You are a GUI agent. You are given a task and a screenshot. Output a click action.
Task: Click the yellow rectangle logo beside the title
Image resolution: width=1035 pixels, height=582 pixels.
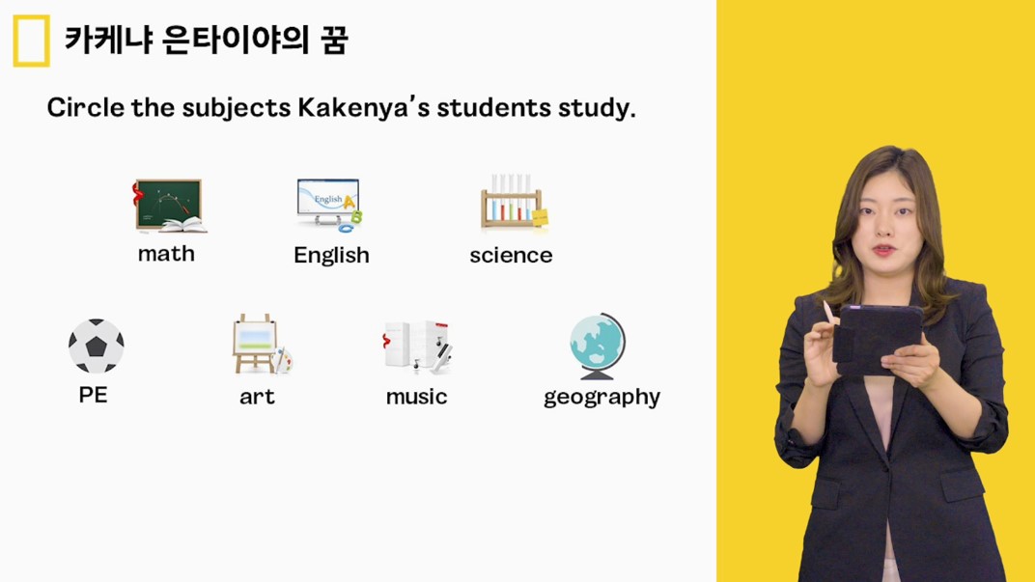point(31,41)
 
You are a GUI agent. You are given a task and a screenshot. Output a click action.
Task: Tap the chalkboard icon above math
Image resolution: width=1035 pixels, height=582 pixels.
point(170,206)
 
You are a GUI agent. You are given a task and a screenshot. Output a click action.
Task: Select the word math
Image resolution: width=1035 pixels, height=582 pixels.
point(166,254)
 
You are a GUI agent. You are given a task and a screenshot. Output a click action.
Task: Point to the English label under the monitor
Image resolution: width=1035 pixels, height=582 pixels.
point(331,255)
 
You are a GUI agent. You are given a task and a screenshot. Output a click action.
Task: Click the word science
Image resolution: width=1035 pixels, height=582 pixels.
point(511,256)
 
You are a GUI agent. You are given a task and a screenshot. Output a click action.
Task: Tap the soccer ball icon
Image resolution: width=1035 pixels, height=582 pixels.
point(97,346)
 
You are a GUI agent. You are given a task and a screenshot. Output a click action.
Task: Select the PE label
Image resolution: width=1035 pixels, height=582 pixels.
point(93,395)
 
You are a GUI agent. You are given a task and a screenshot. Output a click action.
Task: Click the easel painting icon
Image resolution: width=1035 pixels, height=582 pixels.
point(262,344)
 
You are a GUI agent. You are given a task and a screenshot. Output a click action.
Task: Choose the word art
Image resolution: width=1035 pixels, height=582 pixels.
point(257,397)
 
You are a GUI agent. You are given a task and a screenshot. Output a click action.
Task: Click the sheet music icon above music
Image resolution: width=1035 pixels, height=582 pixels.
point(417,346)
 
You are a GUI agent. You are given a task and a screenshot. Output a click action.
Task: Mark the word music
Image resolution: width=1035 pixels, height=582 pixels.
point(416,397)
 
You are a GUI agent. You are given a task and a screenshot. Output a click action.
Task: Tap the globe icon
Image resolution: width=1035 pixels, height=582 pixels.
point(598,346)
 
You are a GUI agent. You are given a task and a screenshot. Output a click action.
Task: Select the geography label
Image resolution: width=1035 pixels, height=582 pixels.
point(602,398)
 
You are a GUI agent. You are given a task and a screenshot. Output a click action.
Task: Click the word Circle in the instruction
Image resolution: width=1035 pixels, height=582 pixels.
point(85,107)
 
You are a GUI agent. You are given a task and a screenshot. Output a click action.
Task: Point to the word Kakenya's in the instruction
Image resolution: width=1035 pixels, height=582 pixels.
point(364,107)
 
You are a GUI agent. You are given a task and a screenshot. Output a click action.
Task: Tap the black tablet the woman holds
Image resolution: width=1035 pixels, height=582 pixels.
point(878,339)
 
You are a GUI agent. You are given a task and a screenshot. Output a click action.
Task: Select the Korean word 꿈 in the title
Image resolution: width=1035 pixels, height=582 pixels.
point(334,41)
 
